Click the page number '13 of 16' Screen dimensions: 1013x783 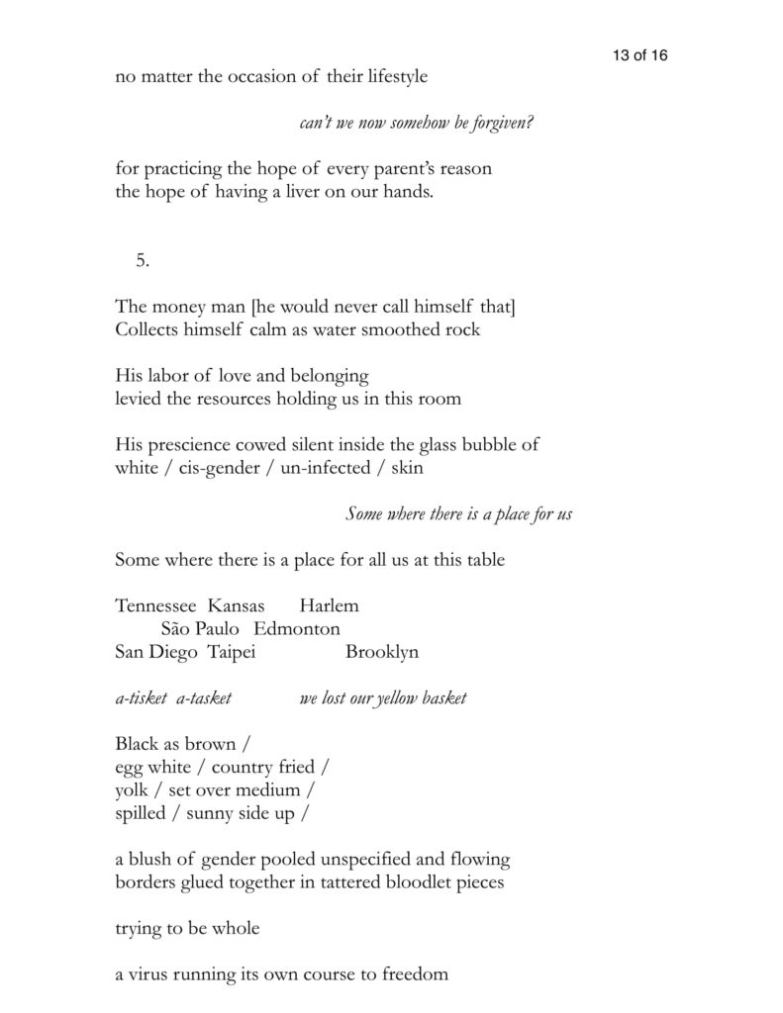click(639, 55)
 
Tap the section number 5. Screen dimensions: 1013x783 click(143, 260)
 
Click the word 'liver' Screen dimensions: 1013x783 click(309, 192)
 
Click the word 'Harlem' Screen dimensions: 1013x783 click(329, 605)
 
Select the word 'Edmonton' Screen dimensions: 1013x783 click(297, 629)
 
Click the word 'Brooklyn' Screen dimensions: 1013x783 click(382, 653)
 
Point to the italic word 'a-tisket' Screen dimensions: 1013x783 click(141, 698)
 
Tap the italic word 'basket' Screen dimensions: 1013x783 click(443, 698)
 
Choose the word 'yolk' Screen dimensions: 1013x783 click(131, 791)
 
